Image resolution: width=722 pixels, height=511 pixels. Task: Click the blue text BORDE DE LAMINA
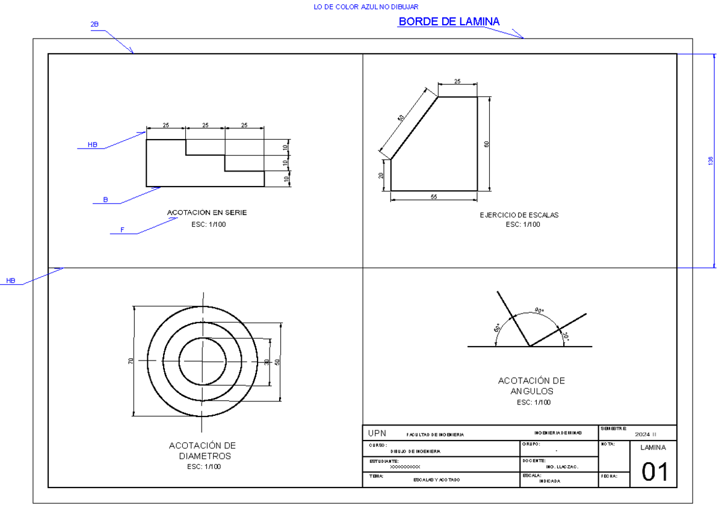[x=449, y=22]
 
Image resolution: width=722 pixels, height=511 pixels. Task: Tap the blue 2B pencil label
[x=94, y=25]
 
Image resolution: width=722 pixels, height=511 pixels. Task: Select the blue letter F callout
[x=122, y=230]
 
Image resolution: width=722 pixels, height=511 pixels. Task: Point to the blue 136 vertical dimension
[x=711, y=161]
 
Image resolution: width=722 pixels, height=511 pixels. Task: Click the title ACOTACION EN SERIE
[x=206, y=212]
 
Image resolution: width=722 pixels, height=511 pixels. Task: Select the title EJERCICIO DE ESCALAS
[x=519, y=215]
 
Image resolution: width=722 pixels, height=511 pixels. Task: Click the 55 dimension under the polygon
[x=434, y=197]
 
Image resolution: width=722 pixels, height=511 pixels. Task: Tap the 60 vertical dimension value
[x=487, y=144]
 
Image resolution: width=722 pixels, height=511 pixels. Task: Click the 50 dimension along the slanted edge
[x=401, y=118]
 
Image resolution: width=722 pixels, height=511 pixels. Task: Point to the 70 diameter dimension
[x=131, y=361]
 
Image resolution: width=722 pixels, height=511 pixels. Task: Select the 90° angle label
[x=539, y=311]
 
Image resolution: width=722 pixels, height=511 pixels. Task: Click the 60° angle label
[x=498, y=329]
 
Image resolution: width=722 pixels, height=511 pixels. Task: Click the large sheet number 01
[x=654, y=472]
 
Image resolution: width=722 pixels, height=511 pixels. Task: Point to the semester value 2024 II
[x=646, y=433]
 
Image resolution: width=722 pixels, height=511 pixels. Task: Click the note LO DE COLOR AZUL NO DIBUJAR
[x=366, y=7]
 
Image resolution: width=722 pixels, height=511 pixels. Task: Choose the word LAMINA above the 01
[x=653, y=448]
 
